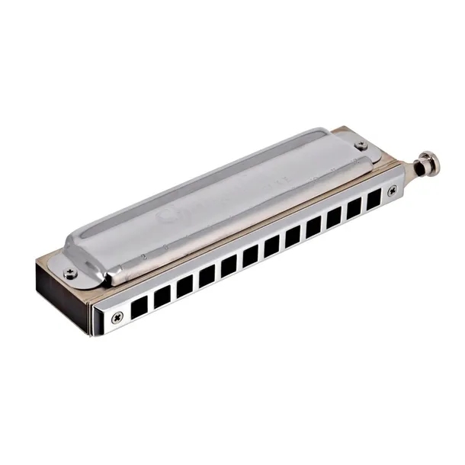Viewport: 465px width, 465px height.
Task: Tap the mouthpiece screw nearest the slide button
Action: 392,192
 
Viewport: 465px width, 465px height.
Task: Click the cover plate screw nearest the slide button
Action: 361,145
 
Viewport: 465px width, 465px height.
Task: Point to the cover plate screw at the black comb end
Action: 72,268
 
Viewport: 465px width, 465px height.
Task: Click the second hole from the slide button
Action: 354,210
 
